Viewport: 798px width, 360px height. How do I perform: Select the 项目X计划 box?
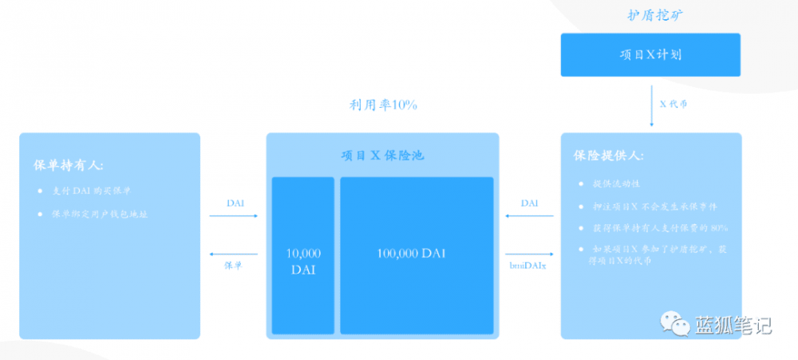[x=650, y=55]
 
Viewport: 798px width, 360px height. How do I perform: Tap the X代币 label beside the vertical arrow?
[x=674, y=104]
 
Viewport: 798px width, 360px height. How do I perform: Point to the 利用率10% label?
[x=382, y=105]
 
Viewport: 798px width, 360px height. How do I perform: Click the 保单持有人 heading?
[x=69, y=165]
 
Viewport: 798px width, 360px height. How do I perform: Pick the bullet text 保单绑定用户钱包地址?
[x=100, y=214]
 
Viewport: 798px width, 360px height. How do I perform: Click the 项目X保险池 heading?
[x=382, y=155]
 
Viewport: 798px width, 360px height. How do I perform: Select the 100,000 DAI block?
[x=417, y=254]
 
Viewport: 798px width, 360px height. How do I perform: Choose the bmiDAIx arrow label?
[x=529, y=265]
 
